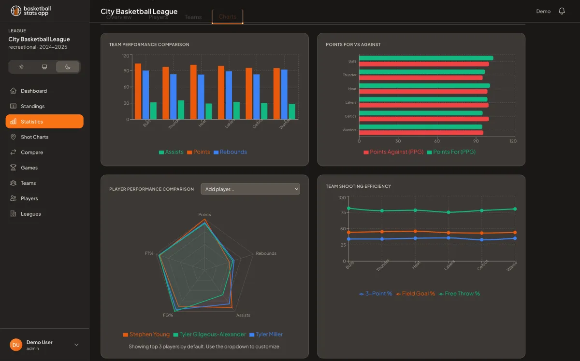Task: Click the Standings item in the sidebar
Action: coord(33,106)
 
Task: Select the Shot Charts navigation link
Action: coord(34,137)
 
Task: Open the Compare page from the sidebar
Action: coord(32,153)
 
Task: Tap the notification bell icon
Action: coord(562,11)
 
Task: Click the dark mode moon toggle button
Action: coord(68,67)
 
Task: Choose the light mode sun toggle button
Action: coord(21,67)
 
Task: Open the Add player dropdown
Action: coord(250,189)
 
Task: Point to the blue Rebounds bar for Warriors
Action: coord(284,94)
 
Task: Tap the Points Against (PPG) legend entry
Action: coord(393,152)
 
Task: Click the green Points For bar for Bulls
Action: coord(426,58)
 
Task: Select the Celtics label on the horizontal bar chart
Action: coord(350,116)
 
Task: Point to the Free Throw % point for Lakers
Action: coord(449,212)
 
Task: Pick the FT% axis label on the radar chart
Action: coord(149,253)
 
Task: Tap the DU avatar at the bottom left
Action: coord(16,345)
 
